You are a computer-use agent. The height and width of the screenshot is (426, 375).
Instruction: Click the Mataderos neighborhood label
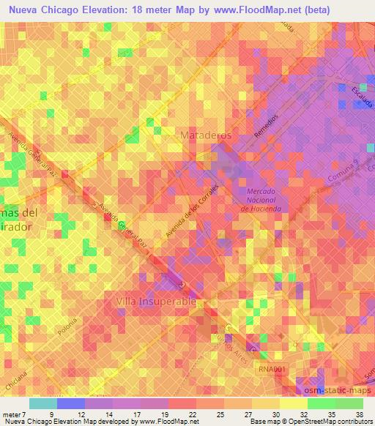click(205, 135)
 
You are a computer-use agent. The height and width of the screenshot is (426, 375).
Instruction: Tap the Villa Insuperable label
click(155, 301)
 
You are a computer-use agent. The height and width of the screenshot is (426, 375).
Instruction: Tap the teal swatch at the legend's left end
click(43, 403)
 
